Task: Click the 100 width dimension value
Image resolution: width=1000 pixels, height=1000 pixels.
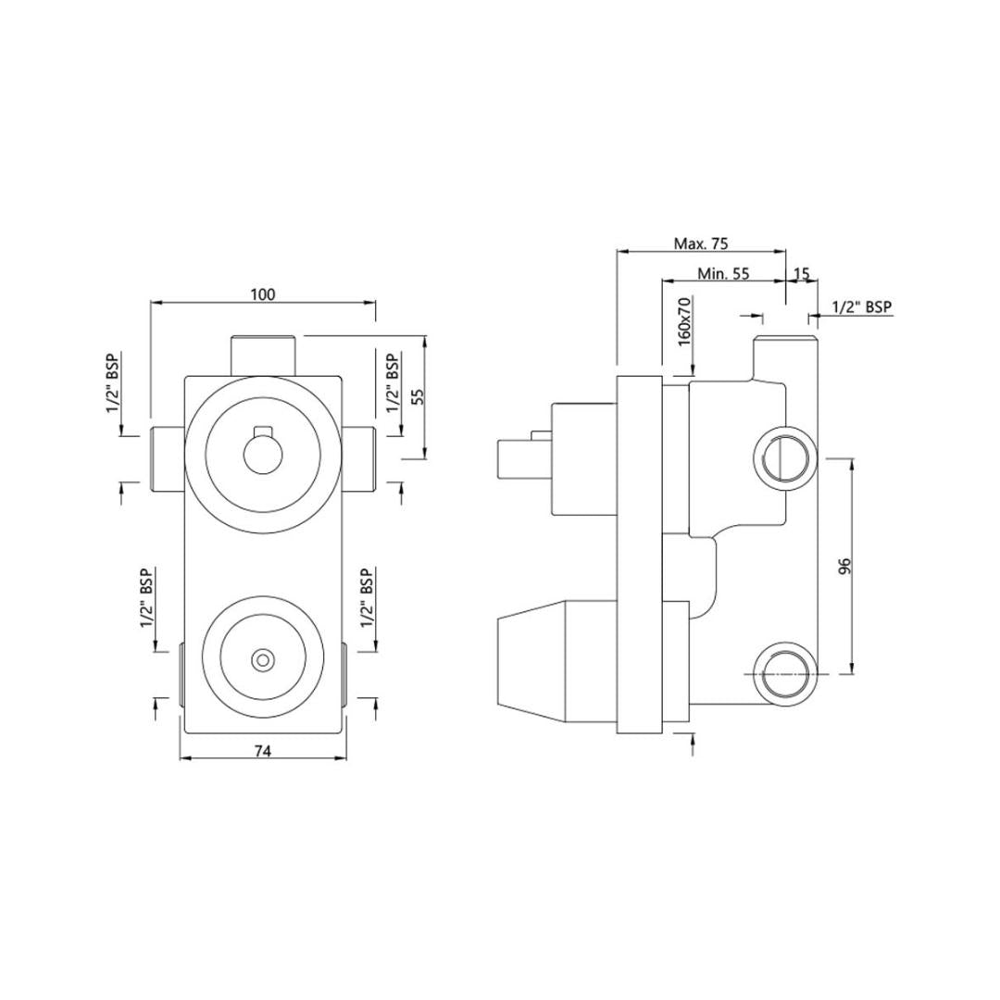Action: (263, 294)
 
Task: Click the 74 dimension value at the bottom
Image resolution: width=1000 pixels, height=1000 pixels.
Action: (263, 751)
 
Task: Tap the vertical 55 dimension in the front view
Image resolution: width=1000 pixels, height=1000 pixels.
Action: (418, 396)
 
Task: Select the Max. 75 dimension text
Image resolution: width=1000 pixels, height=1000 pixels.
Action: (700, 243)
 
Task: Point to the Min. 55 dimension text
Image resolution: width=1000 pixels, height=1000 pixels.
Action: (723, 273)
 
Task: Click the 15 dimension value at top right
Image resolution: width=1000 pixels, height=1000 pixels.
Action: (801, 273)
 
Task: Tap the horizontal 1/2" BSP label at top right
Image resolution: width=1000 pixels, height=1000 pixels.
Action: (862, 306)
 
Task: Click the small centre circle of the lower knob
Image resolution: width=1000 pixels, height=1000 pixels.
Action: (261, 659)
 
